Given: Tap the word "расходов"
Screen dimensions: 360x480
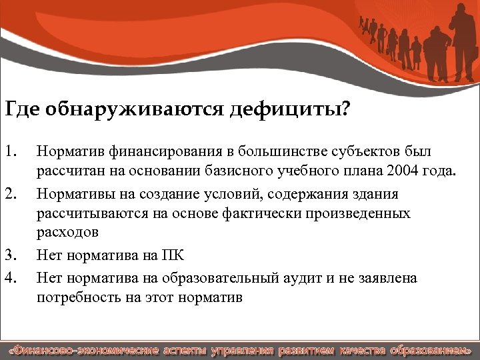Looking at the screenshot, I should [68, 233].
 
